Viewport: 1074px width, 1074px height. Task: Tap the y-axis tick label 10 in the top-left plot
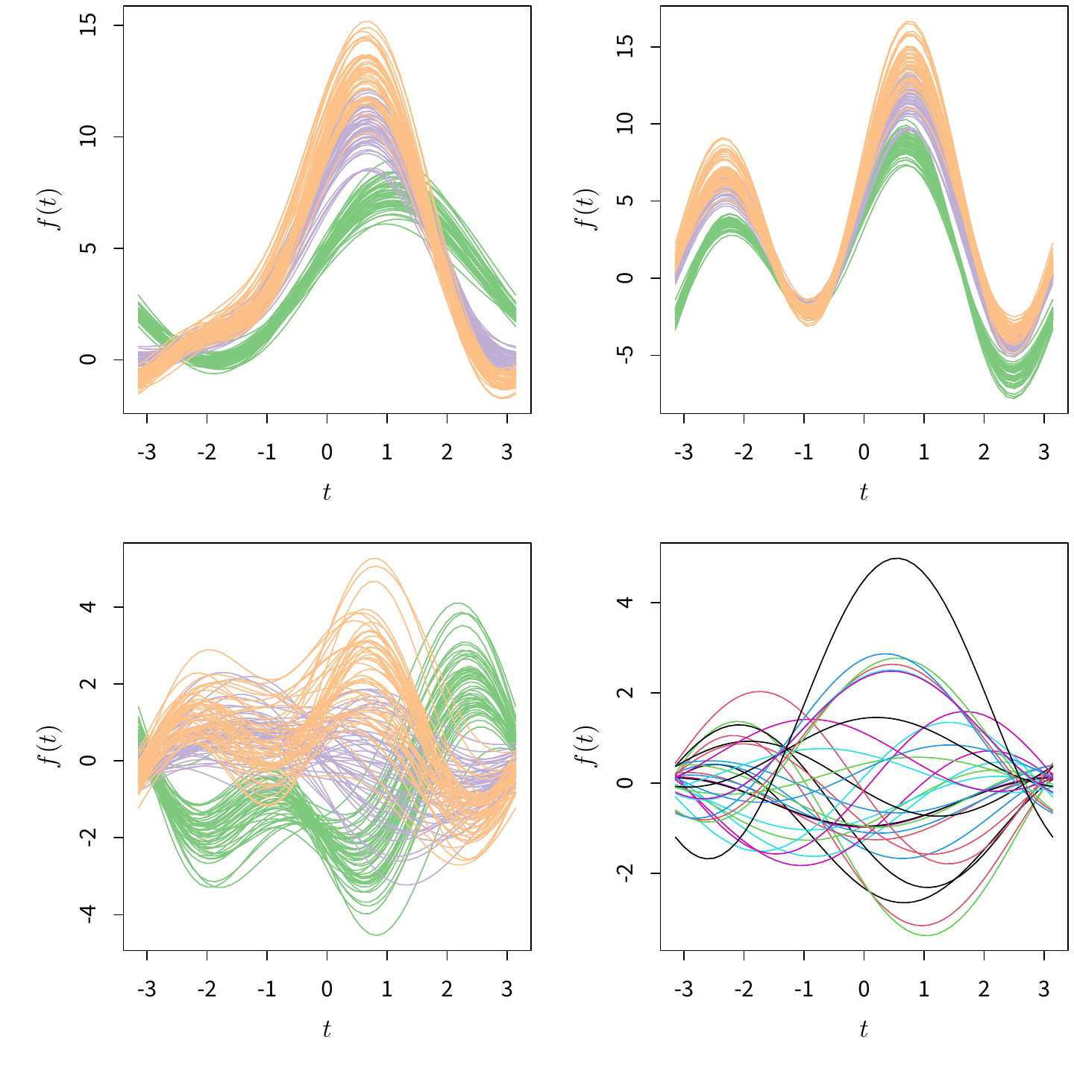point(89,136)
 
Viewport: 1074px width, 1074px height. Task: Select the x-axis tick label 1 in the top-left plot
point(387,452)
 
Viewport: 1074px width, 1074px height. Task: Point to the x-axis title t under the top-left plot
point(327,492)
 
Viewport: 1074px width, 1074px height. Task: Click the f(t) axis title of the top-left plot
point(51,210)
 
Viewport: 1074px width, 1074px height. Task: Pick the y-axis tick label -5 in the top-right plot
point(626,355)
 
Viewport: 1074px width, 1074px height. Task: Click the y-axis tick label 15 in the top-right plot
point(626,47)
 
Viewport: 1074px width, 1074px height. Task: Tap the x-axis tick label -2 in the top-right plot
point(744,452)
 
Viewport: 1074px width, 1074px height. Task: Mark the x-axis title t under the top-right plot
point(864,492)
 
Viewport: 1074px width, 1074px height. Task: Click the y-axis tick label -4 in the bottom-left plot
point(89,914)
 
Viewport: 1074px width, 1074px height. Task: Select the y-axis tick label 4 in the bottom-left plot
point(89,607)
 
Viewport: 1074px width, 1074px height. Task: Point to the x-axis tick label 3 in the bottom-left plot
point(507,989)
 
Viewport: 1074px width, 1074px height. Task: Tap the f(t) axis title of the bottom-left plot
point(51,747)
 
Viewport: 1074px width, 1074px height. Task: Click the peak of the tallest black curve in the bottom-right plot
point(896,559)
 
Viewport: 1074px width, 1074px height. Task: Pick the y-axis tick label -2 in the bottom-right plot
point(626,873)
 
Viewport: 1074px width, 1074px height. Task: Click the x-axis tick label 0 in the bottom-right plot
point(864,989)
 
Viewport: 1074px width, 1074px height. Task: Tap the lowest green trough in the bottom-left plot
point(377,935)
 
